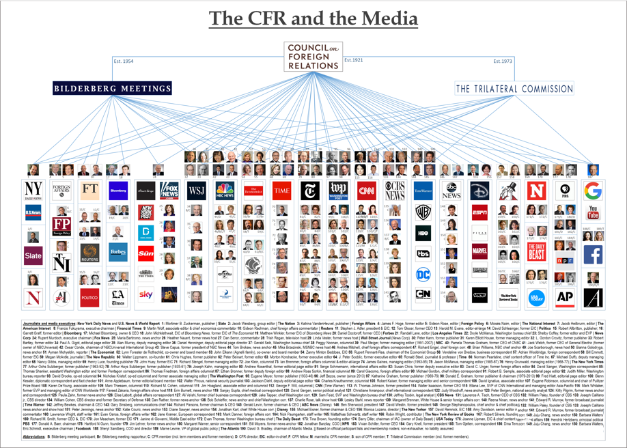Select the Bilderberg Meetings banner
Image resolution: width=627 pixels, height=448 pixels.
[104, 87]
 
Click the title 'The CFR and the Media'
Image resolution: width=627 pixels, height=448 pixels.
[313, 16]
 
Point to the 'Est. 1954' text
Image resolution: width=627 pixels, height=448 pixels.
[123, 61]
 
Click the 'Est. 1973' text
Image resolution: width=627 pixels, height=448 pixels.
[502, 61]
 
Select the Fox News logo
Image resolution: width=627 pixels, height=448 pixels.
[169, 191]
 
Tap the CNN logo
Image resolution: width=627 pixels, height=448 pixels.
[367, 191]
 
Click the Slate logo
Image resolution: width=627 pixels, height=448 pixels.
[33, 256]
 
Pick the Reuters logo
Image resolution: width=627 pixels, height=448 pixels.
[89, 253]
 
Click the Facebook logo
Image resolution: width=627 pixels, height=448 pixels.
[592, 254]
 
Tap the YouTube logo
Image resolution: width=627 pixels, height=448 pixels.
[592, 212]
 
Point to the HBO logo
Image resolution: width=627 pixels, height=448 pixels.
[423, 233]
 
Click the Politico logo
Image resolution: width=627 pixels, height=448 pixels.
[89, 297]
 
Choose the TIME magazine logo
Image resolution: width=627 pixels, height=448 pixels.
[281, 191]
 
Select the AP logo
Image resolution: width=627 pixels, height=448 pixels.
[564, 297]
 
